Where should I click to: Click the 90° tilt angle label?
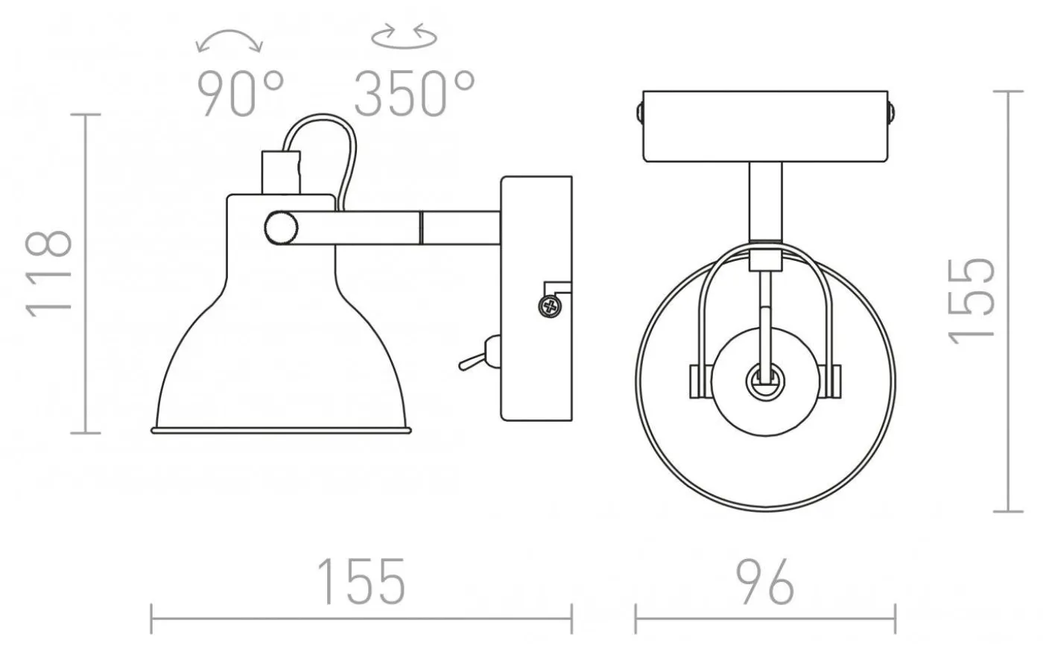(241, 94)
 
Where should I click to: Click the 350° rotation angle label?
(414, 94)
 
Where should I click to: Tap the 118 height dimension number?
(49, 273)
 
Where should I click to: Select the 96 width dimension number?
(764, 582)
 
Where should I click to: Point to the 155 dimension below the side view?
(361, 582)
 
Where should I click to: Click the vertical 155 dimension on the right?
(971, 301)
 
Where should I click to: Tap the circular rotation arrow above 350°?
(404, 37)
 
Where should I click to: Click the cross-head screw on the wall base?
(550, 307)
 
